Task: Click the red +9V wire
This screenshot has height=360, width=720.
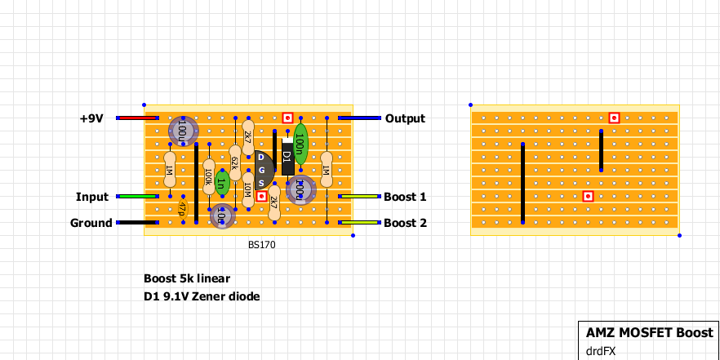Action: pyautogui.click(x=131, y=118)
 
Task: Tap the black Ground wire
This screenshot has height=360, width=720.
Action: pyautogui.click(x=137, y=223)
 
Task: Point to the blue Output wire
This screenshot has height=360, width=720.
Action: pyautogui.click(x=359, y=118)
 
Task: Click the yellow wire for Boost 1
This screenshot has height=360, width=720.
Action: pyautogui.click(x=359, y=197)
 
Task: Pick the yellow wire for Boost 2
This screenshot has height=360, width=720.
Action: pyautogui.click(x=359, y=223)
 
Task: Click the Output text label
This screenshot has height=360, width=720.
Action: pyautogui.click(x=405, y=118)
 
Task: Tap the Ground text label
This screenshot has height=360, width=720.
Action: pyautogui.click(x=91, y=223)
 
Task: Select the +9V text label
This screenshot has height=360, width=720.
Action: pyautogui.click(x=91, y=118)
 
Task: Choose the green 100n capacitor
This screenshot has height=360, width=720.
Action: pyautogui.click(x=300, y=142)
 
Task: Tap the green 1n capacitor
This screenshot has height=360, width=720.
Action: pyautogui.click(x=221, y=178)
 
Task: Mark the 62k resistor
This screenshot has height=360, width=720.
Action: pyautogui.click(x=234, y=163)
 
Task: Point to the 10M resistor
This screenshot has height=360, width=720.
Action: pyautogui.click(x=248, y=189)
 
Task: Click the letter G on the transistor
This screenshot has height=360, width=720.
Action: pyautogui.click(x=261, y=169)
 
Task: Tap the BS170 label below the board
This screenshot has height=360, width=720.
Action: pyautogui.click(x=261, y=244)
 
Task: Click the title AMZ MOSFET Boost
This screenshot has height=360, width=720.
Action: pyautogui.click(x=650, y=333)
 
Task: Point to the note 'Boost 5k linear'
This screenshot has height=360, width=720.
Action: pyautogui.click(x=187, y=278)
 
